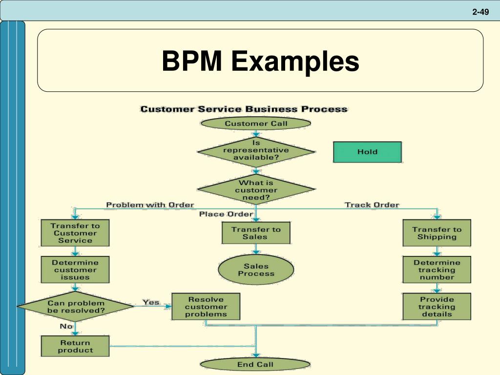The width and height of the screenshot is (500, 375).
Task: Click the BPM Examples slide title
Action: [260, 62]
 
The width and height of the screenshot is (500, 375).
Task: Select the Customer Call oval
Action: [256, 124]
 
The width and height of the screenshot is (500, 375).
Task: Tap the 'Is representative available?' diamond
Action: [256, 150]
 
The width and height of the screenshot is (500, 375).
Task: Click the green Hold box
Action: [367, 152]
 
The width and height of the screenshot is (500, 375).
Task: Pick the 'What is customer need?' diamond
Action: [256, 190]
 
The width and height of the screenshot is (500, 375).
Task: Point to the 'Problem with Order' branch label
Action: [150, 205]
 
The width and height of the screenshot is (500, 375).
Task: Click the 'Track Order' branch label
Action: [372, 205]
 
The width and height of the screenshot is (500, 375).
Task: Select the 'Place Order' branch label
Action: [226, 214]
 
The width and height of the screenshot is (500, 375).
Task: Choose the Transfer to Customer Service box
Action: [75, 233]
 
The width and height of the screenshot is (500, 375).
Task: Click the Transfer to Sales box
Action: [256, 233]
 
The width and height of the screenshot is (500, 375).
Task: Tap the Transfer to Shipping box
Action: [437, 233]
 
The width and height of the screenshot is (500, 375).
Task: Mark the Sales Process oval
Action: [256, 270]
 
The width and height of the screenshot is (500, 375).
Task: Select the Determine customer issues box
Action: [75, 270]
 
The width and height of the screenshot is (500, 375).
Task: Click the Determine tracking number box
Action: [437, 270]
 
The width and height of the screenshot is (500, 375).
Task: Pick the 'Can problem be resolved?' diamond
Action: [75, 307]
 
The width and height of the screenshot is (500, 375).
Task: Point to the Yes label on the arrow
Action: [151, 302]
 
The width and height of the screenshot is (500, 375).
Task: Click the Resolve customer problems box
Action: [206, 307]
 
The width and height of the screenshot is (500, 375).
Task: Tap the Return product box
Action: [75, 346]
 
